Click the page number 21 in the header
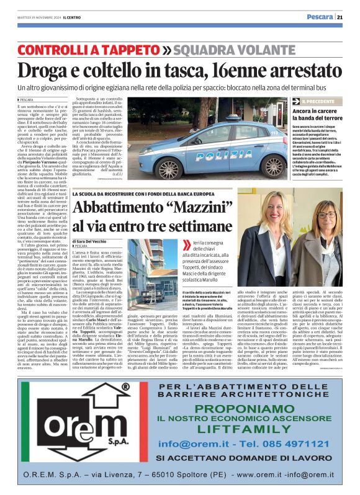pyautogui.click(x=340, y=17)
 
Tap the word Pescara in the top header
pyautogui.click(x=320, y=17)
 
